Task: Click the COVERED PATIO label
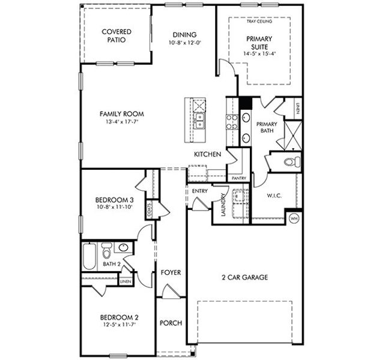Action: point(117,36)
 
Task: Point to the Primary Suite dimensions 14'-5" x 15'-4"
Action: point(259,53)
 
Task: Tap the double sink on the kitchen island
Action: point(199,122)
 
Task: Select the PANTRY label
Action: point(238,178)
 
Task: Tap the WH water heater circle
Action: point(294,218)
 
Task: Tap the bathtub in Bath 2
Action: point(88,256)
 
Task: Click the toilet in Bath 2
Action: point(106,249)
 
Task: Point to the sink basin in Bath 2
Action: point(124,248)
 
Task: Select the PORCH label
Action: point(171,323)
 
